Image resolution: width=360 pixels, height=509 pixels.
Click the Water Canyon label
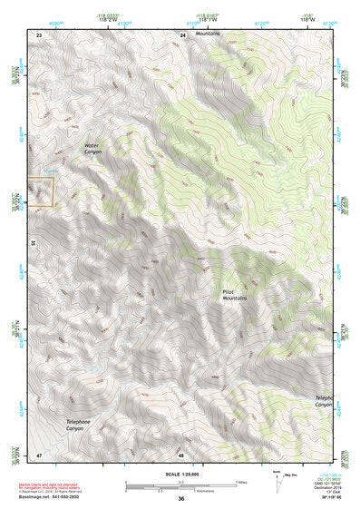coord(94,148)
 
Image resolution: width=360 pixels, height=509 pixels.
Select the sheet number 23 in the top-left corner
coord(39,34)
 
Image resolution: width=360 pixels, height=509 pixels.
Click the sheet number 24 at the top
coord(181,34)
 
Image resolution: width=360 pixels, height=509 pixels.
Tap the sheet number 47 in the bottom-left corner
coord(39,454)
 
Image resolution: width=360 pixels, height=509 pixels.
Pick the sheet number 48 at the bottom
coord(181,454)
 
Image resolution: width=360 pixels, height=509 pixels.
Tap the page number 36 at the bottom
coord(181,499)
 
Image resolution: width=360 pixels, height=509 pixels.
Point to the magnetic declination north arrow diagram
coord(280,481)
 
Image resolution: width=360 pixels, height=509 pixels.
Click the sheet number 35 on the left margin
coord(33,243)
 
